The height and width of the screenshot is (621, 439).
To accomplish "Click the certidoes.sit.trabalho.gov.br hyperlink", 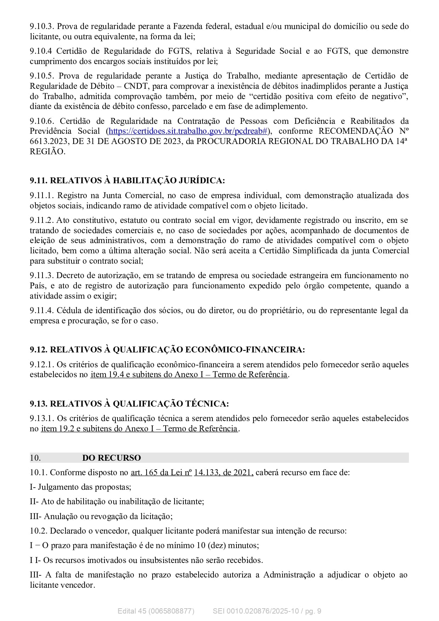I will pyautogui.click(x=188, y=131).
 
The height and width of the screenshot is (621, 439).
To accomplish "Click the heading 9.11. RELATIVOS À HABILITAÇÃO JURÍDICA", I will pyautogui.click(x=127, y=180).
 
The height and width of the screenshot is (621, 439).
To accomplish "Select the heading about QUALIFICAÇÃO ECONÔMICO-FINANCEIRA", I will pyautogui.click(x=167, y=350).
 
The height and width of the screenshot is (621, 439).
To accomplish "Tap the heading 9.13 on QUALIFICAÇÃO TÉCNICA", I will pyautogui.click(x=129, y=404).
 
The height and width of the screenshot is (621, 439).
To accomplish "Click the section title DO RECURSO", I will pyautogui.click(x=112, y=458).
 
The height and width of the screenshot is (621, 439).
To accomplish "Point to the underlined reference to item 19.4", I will pyautogui.click(x=189, y=375).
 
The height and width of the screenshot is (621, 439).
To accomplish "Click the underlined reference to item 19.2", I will pyautogui.click(x=139, y=429).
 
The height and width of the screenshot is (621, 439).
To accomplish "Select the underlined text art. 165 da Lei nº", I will pyautogui.click(x=161, y=473).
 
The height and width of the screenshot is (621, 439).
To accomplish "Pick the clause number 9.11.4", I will pyautogui.click(x=41, y=311).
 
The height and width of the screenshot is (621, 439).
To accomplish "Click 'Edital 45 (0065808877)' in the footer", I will pyautogui.click(x=156, y=611).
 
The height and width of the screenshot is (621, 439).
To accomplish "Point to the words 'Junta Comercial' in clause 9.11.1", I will pyautogui.click(x=133, y=196).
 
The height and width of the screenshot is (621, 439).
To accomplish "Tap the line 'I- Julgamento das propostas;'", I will pyautogui.click(x=81, y=487).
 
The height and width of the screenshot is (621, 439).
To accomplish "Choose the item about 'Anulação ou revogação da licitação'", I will pyautogui.click(x=101, y=517).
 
